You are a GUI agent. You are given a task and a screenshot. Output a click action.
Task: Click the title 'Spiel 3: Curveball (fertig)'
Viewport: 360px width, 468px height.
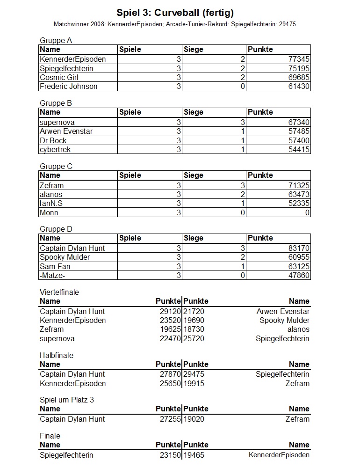click(175, 13)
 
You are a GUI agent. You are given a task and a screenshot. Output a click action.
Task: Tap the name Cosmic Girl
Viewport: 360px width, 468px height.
click(59, 77)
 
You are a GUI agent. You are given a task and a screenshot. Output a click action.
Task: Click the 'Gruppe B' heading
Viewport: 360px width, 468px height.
click(56, 103)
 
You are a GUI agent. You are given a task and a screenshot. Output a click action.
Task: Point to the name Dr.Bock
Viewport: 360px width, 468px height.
click(53, 140)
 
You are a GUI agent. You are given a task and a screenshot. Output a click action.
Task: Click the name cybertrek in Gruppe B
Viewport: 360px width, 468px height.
click(55, 149)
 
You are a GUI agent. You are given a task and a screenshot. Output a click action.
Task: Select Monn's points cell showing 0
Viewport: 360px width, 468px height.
click(307, 212)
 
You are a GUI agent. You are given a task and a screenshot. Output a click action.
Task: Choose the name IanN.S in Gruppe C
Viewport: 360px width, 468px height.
click(51, 204)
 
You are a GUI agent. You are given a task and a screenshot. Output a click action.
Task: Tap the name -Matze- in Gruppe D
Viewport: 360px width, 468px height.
click(52, 275)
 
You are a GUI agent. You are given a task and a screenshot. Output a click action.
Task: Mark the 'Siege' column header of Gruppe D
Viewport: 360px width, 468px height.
click(194, 238)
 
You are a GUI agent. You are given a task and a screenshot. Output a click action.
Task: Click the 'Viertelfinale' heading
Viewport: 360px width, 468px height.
click(59, 292)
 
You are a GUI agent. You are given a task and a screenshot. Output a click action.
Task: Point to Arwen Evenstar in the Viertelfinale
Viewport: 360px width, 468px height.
click(283, 311)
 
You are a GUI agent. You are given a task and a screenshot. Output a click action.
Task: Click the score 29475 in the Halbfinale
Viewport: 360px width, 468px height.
click(194, 374)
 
